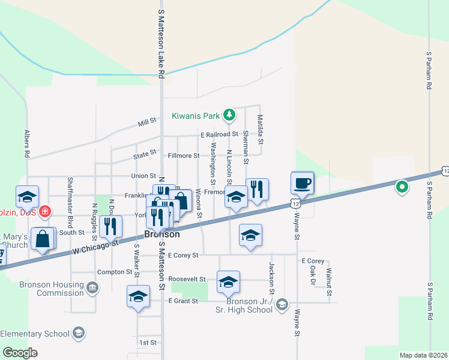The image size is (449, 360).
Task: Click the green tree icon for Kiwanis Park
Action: tap(229, 114)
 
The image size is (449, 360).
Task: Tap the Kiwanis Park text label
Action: tap(196, 115)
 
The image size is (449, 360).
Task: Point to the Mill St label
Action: tap(146, 121)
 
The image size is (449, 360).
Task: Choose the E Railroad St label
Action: tap(220, 135)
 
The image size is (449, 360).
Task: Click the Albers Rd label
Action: tap(27, 143)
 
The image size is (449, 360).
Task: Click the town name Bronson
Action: tap(162, 235)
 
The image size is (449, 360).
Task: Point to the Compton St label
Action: tap(113, 272)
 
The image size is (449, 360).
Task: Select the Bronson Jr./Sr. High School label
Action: tap(250, 305)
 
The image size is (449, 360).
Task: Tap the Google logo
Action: tap(20, 353)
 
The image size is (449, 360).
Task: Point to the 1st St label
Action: tap(148, 343)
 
